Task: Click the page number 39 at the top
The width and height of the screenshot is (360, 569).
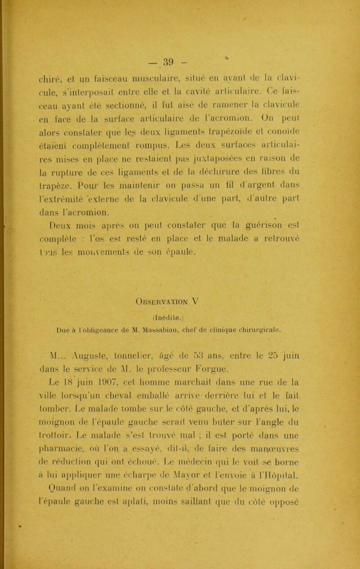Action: pyautogui.click(x=180, y=47)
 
